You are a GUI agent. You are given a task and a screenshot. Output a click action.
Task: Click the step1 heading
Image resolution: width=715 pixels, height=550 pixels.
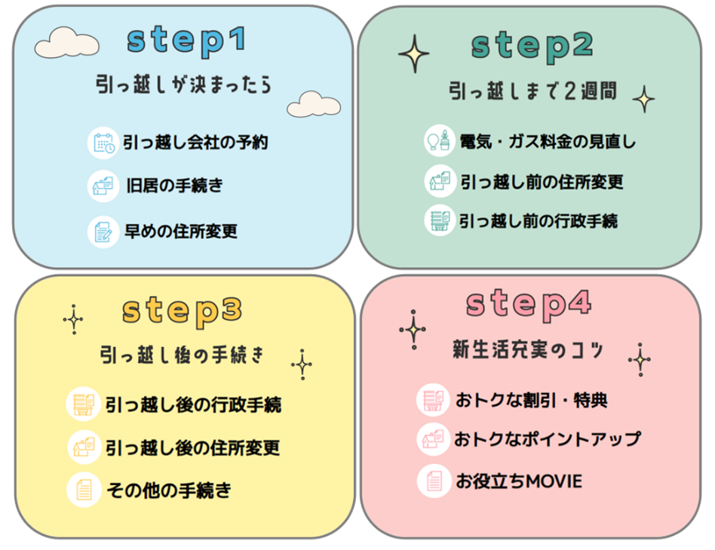(186, 41)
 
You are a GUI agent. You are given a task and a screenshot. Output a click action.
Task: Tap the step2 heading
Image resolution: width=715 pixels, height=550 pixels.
(532, 46)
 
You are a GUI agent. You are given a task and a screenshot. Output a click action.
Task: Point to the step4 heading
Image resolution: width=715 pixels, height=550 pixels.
(528, 303)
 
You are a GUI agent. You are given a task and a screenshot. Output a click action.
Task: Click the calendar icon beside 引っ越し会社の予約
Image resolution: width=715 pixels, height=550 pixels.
(103, 143)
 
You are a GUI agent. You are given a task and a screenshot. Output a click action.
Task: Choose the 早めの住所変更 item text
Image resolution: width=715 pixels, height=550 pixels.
(181, 231)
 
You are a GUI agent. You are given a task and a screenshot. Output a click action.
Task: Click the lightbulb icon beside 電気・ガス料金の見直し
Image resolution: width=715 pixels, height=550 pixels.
(440, 141)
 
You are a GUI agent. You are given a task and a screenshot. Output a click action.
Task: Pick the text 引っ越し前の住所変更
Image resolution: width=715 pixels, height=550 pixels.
(542, 182)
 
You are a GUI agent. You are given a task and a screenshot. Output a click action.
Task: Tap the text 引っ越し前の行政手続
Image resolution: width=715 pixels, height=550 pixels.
(539, 220)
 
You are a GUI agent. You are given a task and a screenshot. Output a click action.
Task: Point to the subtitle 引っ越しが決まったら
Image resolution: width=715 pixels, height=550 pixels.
(183, 84)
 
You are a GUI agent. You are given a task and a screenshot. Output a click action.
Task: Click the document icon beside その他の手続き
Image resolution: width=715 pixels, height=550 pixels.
(84, 490)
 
